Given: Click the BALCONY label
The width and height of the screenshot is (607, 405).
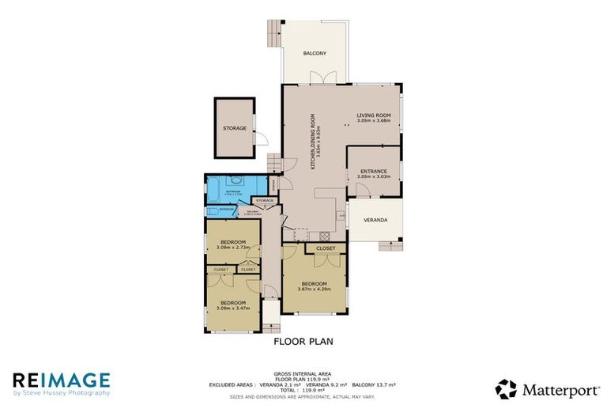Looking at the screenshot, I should click(x=315, y=54).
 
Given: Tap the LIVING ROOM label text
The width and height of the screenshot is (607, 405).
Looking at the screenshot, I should click(x=373, y=115).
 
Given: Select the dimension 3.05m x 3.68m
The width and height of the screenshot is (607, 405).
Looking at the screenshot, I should click(x=373, y=121).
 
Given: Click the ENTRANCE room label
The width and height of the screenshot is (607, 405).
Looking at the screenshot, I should click(x=373, y=172).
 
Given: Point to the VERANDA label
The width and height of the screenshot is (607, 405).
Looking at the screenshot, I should click(x=375, y=220).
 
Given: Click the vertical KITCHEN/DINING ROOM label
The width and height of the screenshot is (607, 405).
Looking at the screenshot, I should click(x=313, y=142).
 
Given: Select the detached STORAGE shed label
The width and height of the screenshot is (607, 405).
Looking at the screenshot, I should click(x=234, y=128).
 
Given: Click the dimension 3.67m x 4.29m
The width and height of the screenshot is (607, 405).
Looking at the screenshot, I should click(x=314, y=289).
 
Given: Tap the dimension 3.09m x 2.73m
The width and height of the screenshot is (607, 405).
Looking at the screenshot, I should click(x=234, y=248).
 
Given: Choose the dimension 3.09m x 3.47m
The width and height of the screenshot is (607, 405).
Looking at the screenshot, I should click(x=232, y=308).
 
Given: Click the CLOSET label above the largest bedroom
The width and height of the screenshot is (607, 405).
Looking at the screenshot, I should click(x=325, y=248).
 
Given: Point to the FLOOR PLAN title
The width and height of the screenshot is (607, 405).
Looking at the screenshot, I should click(x=303, y=343).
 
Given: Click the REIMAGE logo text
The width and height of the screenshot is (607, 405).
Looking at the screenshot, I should click(x=62, y=380).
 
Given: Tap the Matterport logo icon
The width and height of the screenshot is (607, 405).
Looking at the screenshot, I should click(x=506, y=388).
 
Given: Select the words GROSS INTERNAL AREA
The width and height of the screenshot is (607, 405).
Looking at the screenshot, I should click(x=303, y=373).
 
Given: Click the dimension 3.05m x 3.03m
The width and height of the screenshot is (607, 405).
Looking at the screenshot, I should click(x=373, y=177).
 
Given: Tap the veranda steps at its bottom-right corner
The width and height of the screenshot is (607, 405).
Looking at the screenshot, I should click(x=390, y=245).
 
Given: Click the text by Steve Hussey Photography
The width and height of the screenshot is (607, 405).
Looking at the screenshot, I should click(x=62, y=392).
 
